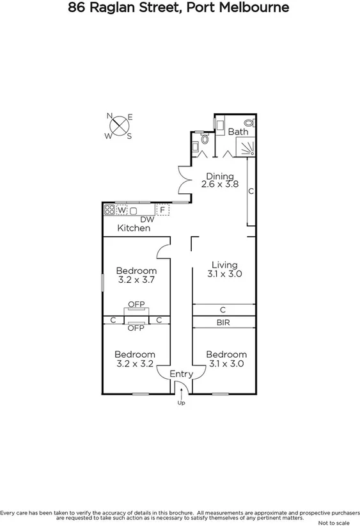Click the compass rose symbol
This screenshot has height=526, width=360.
click(118, 126)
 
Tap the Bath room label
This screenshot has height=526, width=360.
click(238, 132)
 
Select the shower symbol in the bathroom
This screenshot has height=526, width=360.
click(247, 149)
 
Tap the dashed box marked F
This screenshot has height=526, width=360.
click(162, 209)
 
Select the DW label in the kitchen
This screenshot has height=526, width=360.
click(148, 219)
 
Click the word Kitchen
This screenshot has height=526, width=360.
click(134, 228)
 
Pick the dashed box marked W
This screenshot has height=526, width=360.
click(121, 209)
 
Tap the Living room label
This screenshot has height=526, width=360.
click(224, 265)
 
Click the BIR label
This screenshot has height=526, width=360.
click(224, 323)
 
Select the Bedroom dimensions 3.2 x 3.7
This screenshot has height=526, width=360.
click(136, 280)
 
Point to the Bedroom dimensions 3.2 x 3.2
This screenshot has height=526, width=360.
click(135, 363)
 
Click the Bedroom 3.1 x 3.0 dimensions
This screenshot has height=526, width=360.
click(226, 363)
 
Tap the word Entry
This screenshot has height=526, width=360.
click(180, 374)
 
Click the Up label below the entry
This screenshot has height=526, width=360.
click(181, 403)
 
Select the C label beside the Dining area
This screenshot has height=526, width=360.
click(251, 191)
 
